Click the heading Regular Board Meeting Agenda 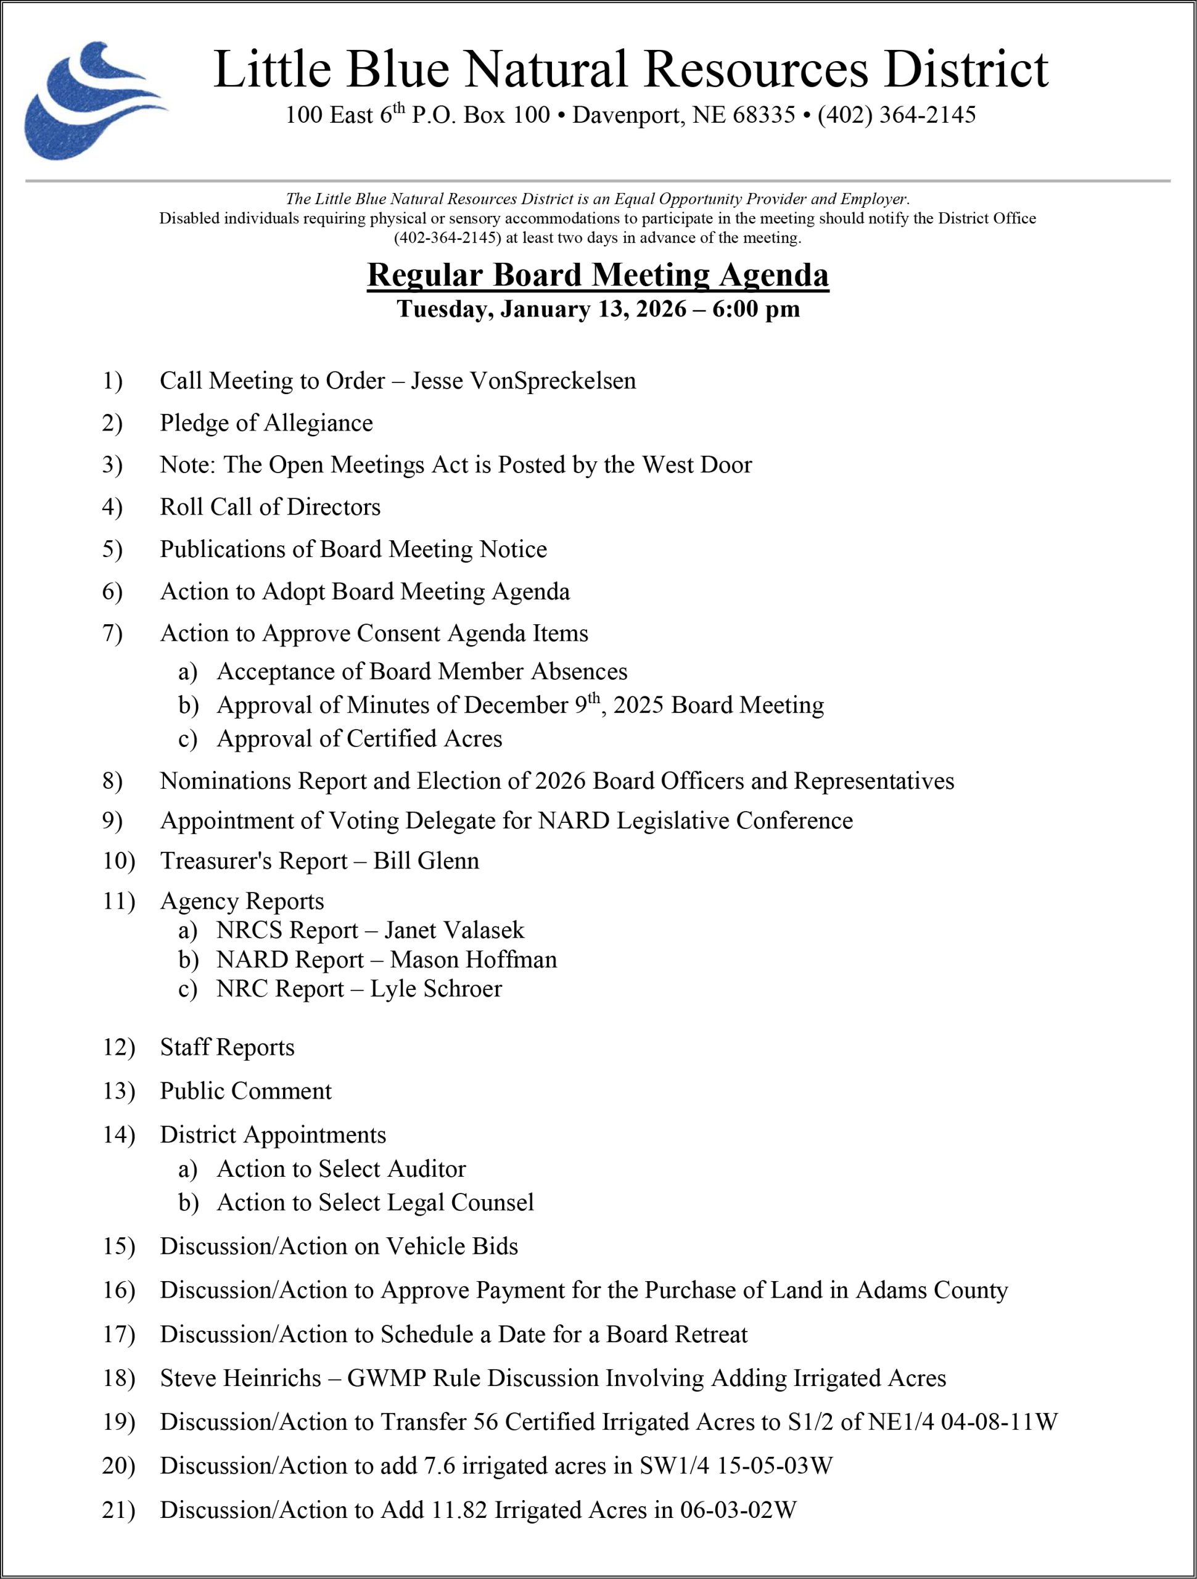coord(598,276)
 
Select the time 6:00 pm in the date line coord(756,309)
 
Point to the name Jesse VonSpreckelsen coord(523,381)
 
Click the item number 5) coord(112,550)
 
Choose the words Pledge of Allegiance coord(266,423)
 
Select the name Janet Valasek coord(454,930)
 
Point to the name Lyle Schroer coord(436,989)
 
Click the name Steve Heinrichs coord(241,1378)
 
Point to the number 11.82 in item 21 coord(459,1510)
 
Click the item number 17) coord(118,1334)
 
